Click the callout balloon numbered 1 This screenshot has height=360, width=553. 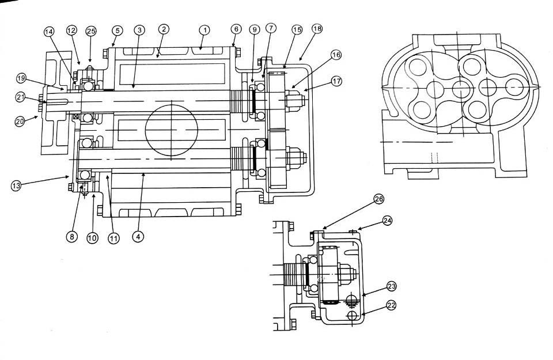pyautogui.click(x=203, y=28)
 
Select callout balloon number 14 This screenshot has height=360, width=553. pyautogui.click(x=49, y=32)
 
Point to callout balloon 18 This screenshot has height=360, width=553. pyautogui.click(x=317, y=28)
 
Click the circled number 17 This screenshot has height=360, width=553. pyautogui.click(x=337, y=81)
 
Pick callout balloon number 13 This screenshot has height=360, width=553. pyautogui.click(x=16, y=185)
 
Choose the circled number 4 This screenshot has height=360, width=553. pyautogui.click(x=137, y=235)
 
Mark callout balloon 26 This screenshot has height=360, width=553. pyautogui.click(x=378, y=199)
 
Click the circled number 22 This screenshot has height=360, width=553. pyautogui.click(x=392, y=306)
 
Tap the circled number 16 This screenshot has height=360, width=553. pyautogui.click(x=336, y=55)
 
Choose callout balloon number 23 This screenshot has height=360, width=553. pyautogui.click(x=392, y=286)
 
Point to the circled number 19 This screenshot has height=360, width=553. pyautogui.click(x=21, y=77)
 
